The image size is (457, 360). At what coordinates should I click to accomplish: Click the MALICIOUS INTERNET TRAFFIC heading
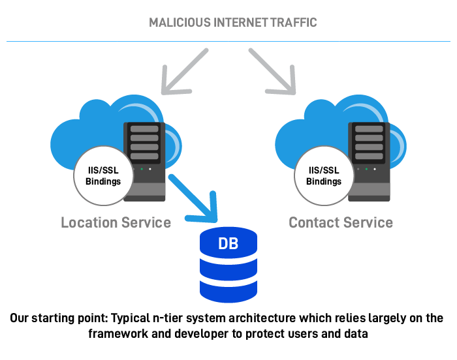click(232, 23)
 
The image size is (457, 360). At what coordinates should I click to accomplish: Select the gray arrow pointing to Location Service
click(185, 70)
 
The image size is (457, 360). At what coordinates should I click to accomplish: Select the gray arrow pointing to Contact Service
click(272, 70)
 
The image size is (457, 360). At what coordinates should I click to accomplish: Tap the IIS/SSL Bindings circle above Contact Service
click(324, 176)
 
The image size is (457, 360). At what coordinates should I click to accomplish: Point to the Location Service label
click(116, 223)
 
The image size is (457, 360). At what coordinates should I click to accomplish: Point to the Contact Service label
click(341, 223)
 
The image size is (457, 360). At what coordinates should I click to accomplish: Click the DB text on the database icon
click(228, 245)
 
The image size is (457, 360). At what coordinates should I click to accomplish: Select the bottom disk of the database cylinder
click(228, 292)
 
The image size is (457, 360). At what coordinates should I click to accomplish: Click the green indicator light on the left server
click(142, 169)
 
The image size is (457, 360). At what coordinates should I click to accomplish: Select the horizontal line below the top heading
click(228, 41)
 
